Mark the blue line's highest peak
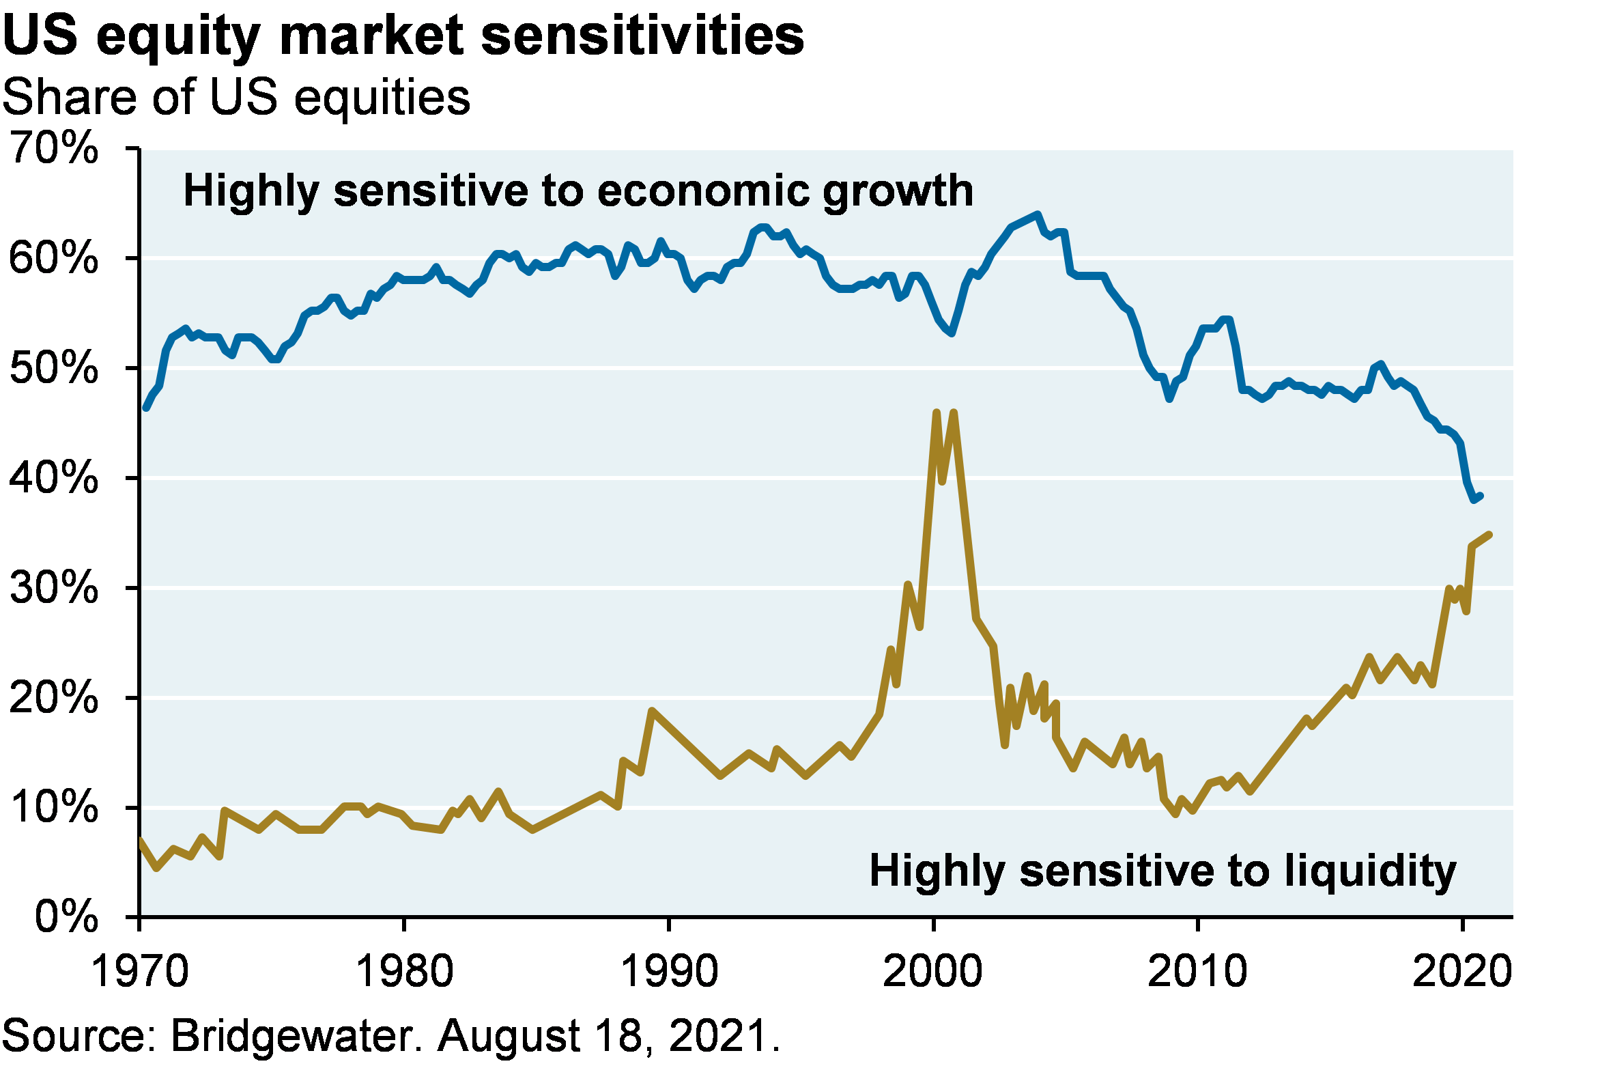(x=1038, y=214)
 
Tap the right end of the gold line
(x=1489, y=535)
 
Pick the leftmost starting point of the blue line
(x=145, y=408)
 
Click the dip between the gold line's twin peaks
(x=943, y=481)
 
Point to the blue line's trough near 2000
(x=952, y=333)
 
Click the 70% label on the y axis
(x=55, y=146)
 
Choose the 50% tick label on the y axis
(x=55, y=367)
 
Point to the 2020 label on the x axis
(x=1461, y=970)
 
